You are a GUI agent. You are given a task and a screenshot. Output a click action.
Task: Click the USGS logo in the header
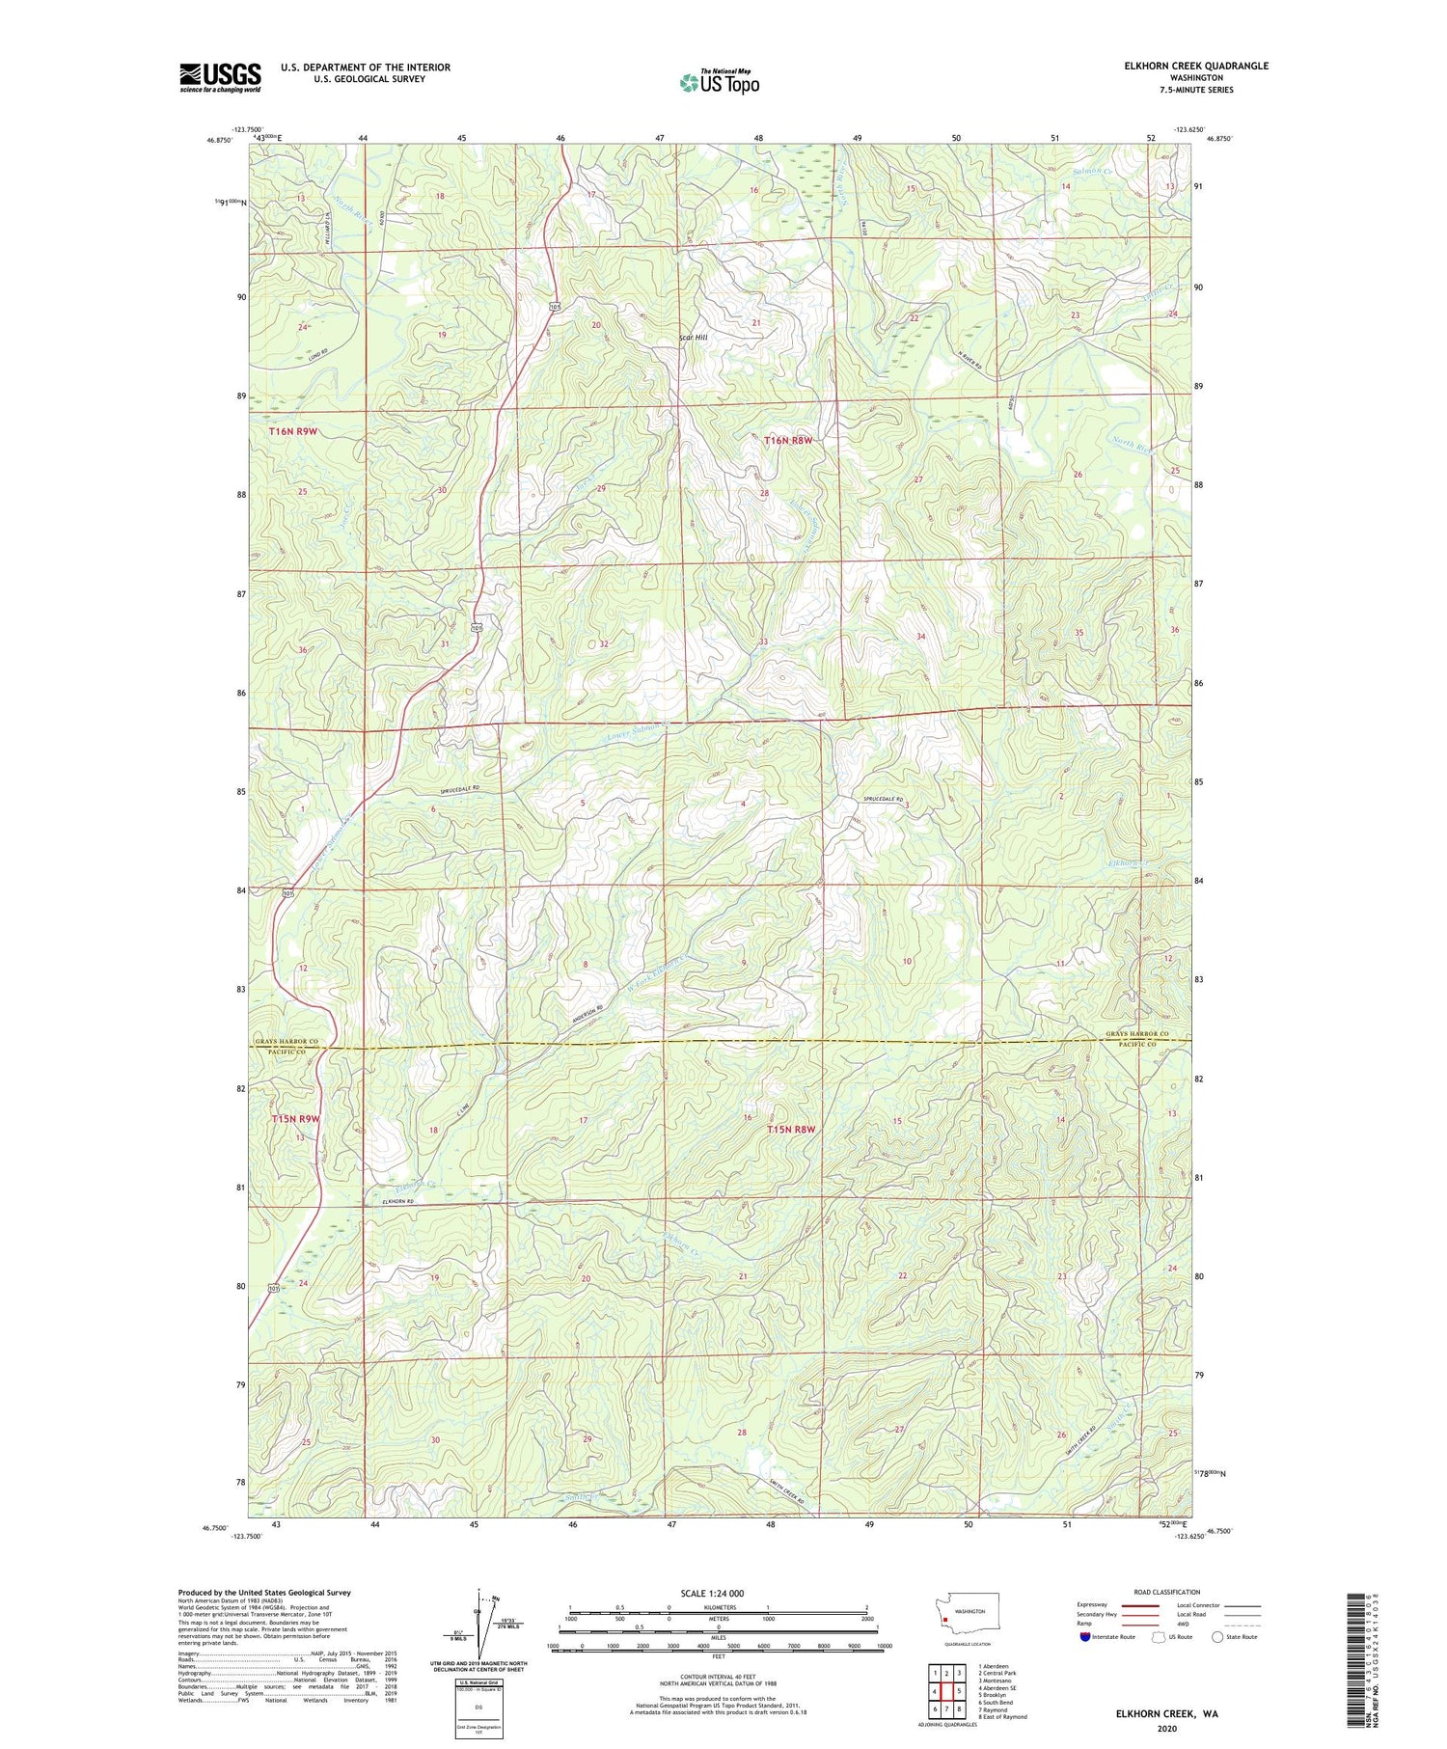pos(220,77)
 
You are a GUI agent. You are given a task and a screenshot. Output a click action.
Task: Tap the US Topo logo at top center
pos(719,82)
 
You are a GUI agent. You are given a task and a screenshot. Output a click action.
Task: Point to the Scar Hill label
pos(693,338)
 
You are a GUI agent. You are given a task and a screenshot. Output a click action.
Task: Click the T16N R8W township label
pos(789,441)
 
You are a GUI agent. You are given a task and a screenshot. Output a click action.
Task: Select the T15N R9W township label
pos(294,1118)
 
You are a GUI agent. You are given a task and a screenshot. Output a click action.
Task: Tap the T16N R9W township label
pos(293,431)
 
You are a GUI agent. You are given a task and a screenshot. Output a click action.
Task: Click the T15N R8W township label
pos(791,1129)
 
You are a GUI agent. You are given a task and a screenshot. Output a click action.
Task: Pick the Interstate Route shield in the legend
pos(1085,1637)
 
